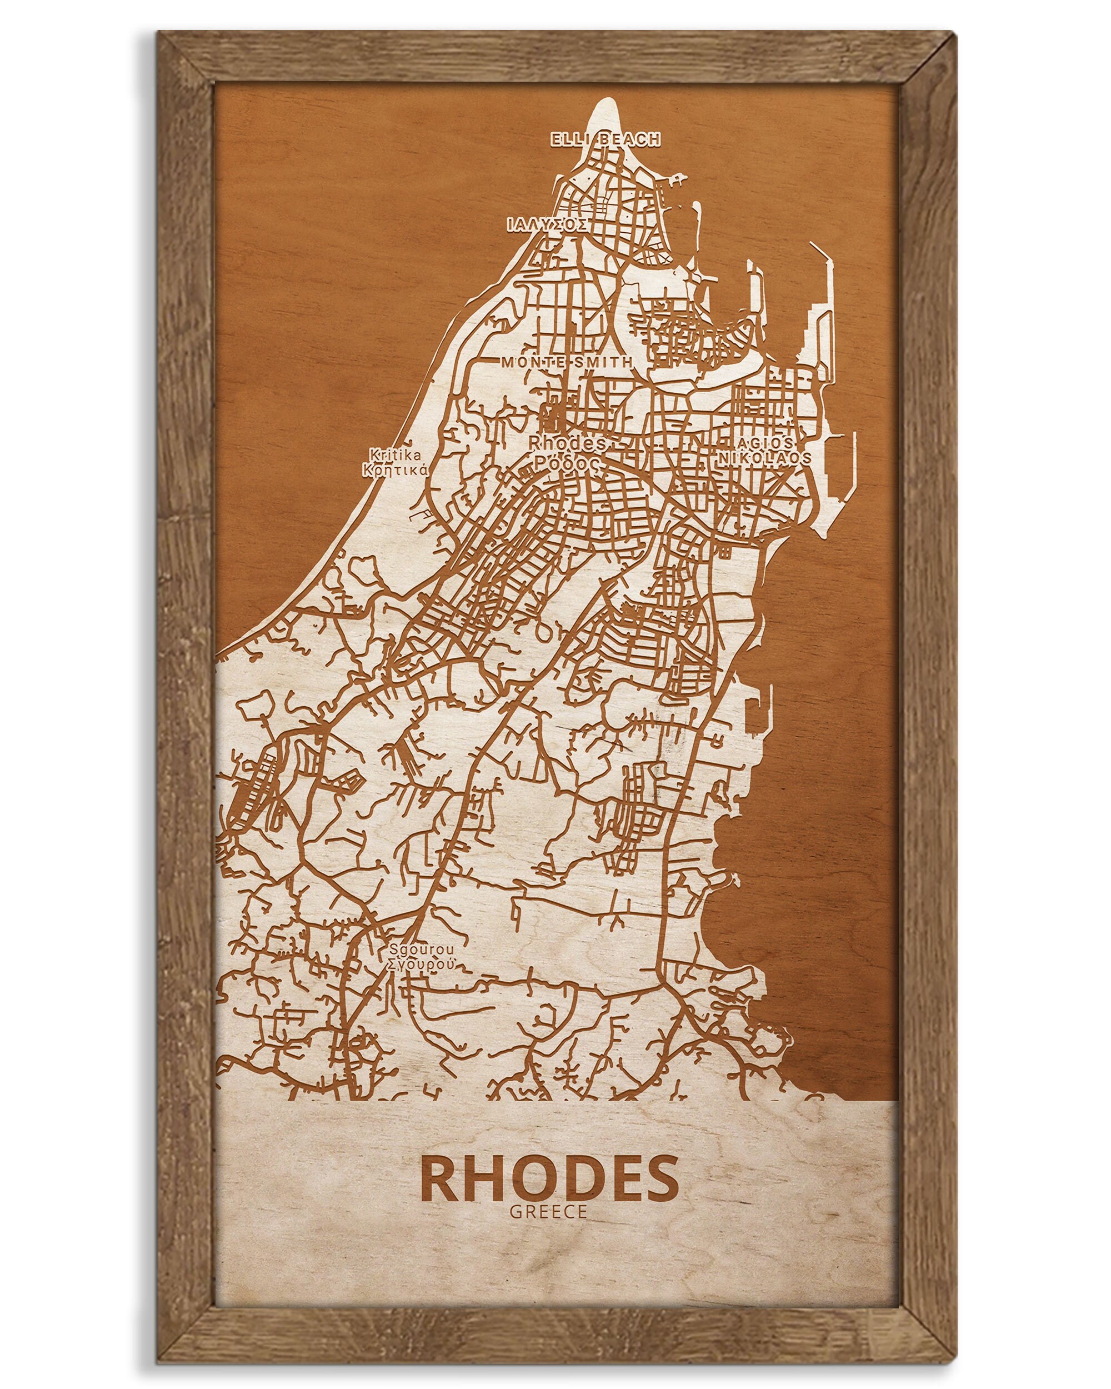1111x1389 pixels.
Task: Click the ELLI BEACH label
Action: pyautogui.click(x=605, y=138)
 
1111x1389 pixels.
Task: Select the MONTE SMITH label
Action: pyautogui.click(x=567, y=362)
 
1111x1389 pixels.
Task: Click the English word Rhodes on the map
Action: pyautogui.click(x=567, y=444)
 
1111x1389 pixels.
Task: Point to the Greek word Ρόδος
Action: pyautogui.click(x=567, y=464)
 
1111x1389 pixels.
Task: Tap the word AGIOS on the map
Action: pyautogui.click(x=765, y=443)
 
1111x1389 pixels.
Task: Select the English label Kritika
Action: pyautogui.click(x=396, y=453)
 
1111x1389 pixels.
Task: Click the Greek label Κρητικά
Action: pyautogui.click(x=396, y=469)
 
